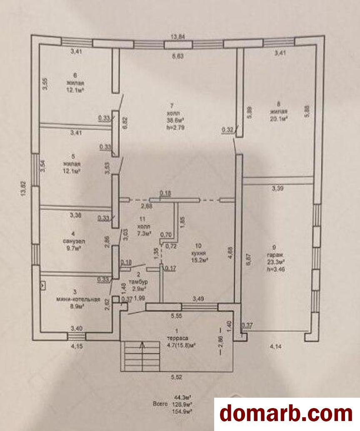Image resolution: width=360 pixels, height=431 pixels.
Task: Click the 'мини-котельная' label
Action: [x=79, y=299]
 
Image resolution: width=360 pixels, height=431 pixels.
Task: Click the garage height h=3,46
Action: [x=276, y=269]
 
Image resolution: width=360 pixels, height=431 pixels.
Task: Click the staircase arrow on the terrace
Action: [x=142, y=345]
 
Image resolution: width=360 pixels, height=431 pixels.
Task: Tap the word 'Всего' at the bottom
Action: [x=161, y=404]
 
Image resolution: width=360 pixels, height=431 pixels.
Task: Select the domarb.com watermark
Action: [x=286, y=414]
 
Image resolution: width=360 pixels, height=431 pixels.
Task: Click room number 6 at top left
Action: [x=75, y=76]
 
